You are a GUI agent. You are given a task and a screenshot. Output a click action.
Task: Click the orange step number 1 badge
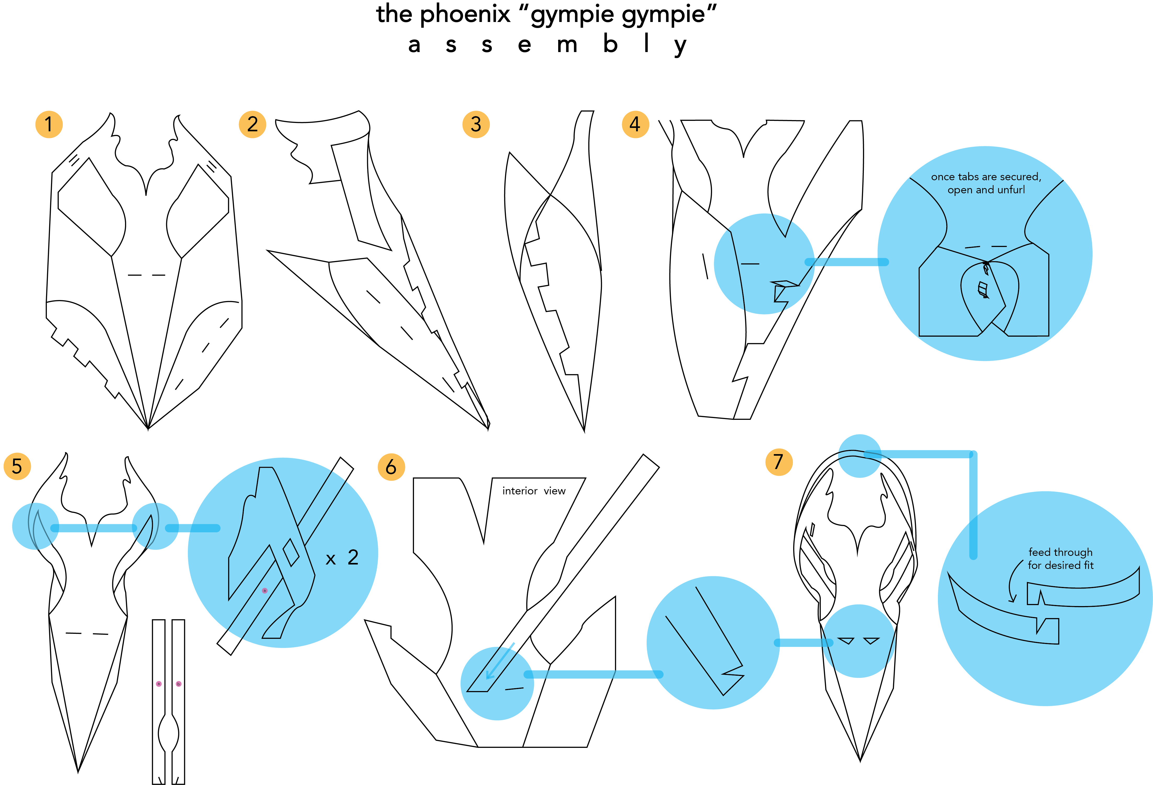[49, 124]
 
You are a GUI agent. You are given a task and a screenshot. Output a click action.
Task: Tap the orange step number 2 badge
[253, 124]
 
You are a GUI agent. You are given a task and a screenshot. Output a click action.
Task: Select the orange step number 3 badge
[476, 124]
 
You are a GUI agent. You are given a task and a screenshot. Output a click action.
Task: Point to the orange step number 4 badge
[635, 124]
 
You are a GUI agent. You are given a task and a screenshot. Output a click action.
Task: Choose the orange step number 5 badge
[17, 466]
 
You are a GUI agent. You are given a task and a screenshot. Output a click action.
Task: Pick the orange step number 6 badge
[391, 467]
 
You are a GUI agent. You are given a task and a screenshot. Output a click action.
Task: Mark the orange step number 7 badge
[779, 462]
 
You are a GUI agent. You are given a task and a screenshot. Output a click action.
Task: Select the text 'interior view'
[534, 491]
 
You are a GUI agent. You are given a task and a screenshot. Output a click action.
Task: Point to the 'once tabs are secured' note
[986, 183]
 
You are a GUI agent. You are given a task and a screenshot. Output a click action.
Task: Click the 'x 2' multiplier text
[342, 558]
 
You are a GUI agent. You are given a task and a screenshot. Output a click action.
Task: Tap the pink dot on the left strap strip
[159, 684]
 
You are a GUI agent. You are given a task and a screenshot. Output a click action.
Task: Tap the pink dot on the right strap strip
[179, 684]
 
